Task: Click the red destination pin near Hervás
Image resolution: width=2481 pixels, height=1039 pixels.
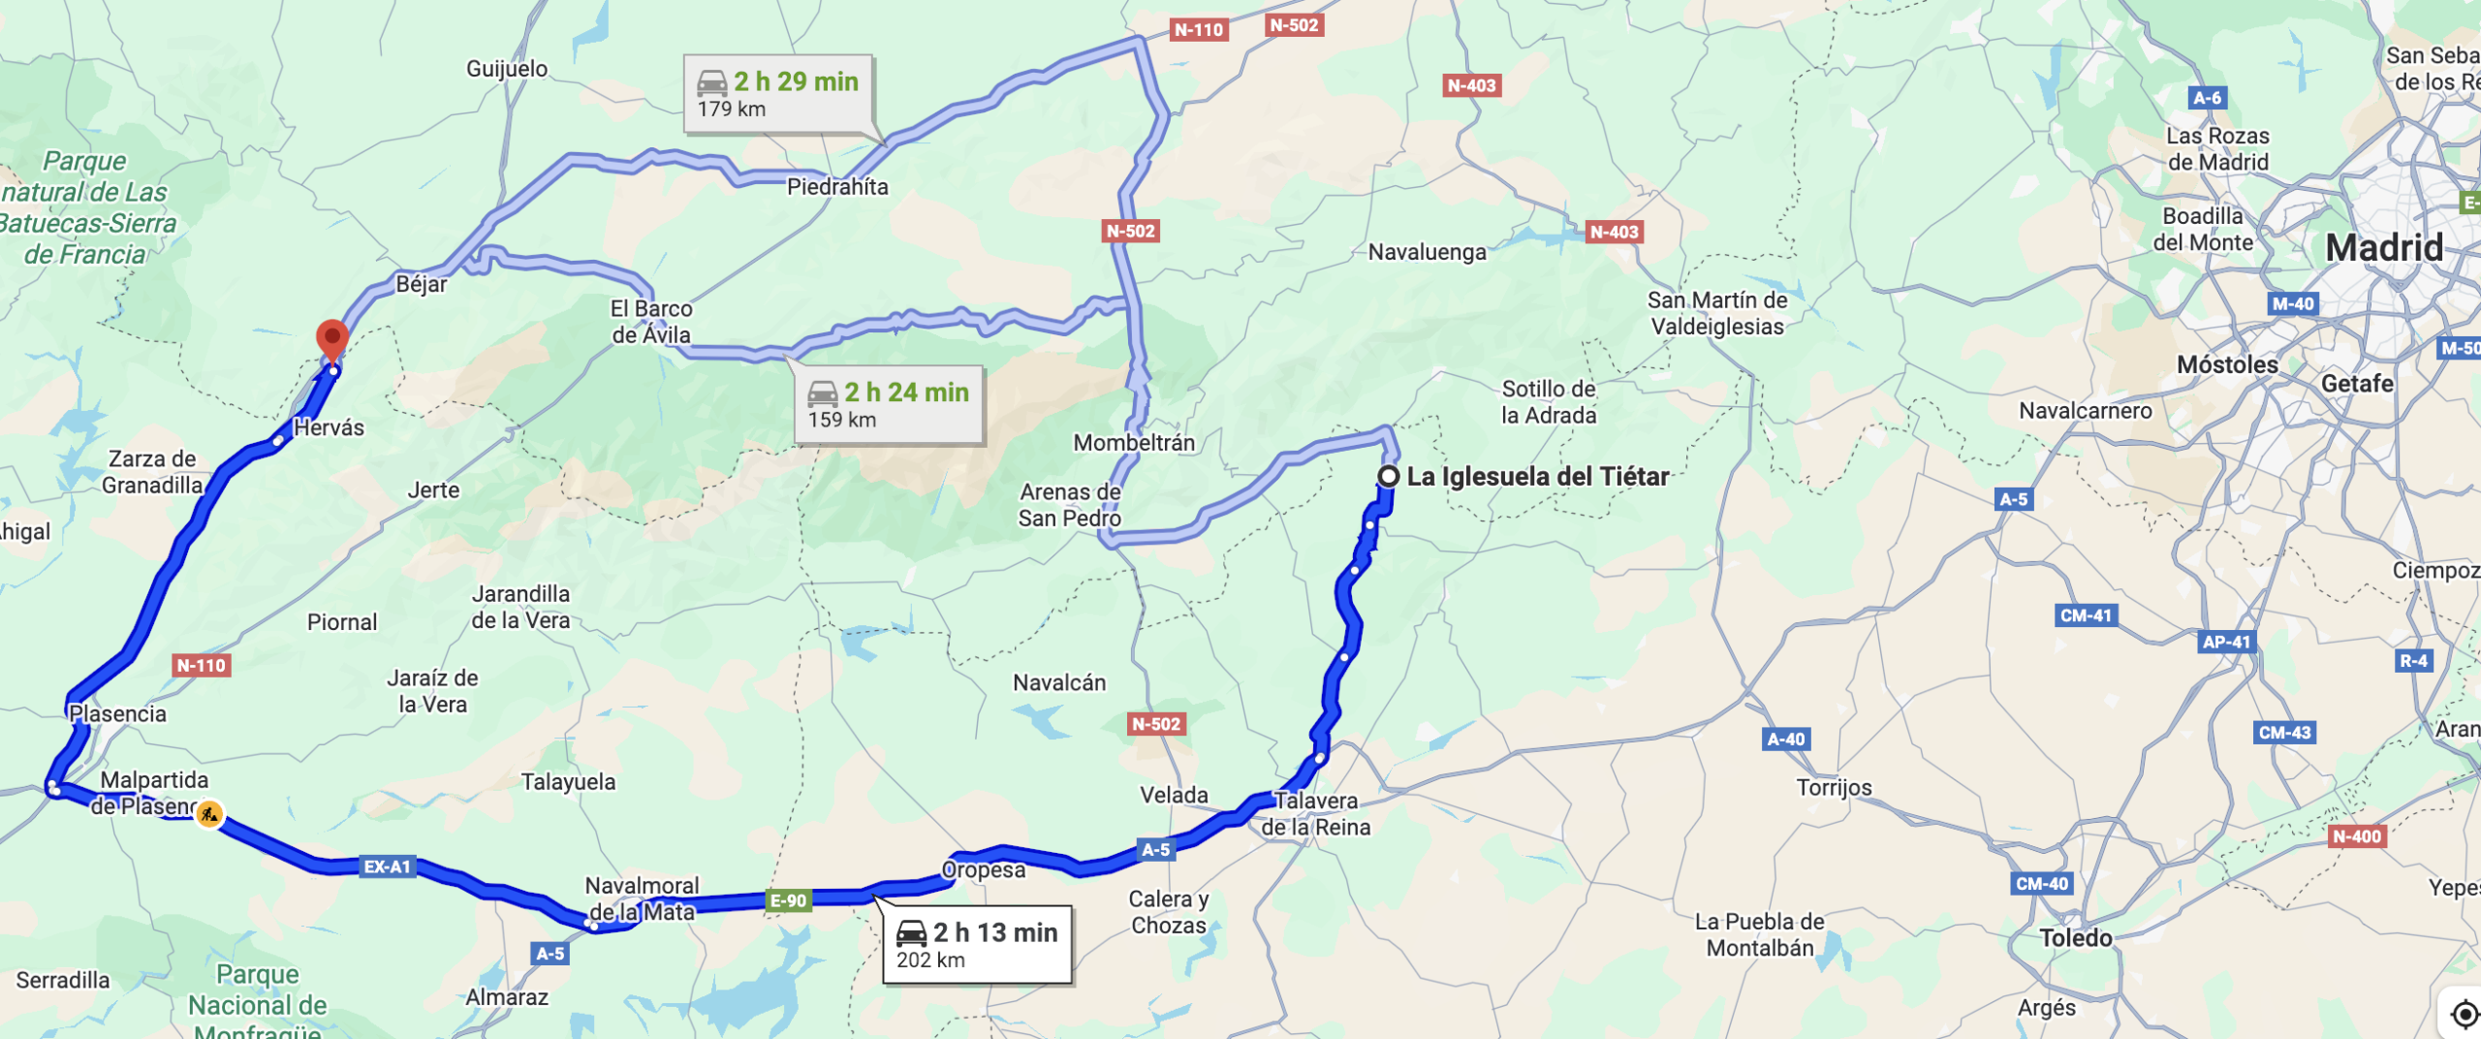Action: point(332,340)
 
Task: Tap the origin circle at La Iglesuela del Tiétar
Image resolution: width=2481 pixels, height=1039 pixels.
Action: point(1389,476)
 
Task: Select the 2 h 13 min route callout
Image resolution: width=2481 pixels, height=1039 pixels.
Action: point(977,944)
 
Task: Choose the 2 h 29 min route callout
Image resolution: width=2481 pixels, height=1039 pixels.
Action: point(778,93)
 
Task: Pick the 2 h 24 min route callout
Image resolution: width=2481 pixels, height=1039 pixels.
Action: point(889,404)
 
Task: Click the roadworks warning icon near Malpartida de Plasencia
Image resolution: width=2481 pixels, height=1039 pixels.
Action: point(209,813)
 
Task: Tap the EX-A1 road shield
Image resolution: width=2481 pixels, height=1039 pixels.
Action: point(388,866)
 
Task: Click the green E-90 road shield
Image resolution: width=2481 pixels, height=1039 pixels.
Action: point(789,900)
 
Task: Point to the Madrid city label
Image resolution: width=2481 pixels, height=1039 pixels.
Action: point(2384,248)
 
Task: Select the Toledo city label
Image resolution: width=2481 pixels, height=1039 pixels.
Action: point(2075,937)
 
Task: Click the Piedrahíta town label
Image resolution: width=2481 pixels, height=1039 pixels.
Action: point(837,186)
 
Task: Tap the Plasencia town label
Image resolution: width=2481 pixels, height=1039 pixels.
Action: point(117,713)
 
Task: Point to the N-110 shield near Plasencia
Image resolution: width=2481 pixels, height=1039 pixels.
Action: point(202,665)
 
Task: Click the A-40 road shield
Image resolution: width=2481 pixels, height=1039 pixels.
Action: point(1786,739)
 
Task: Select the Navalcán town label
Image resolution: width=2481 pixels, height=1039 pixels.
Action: point(1059,682)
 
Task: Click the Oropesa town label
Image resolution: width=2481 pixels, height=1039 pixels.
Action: point(984,869)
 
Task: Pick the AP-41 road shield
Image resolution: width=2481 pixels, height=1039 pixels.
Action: point(2226,642)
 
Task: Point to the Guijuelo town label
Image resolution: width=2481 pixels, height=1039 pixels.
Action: point(507,69)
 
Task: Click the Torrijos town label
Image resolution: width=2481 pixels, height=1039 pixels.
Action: point(1834,787)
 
